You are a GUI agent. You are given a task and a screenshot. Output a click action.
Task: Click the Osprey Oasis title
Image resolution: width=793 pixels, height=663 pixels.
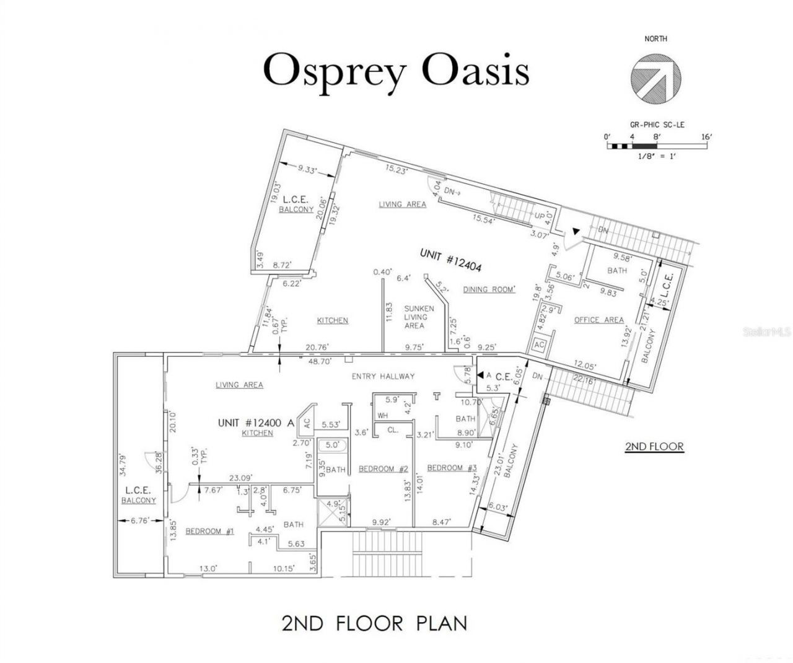click(x=396, y=71)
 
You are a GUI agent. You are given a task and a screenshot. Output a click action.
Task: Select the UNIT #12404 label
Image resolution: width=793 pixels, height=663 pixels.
click(x=450, y=260)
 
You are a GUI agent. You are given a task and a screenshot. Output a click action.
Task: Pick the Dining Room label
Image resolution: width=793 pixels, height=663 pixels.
click(x=489, y=289)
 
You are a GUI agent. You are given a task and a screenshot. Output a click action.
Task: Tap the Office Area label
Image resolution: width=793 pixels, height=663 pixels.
click(x=598, y=320)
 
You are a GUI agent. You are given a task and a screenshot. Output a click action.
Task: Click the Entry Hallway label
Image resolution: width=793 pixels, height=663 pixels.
click(x=383, y=376)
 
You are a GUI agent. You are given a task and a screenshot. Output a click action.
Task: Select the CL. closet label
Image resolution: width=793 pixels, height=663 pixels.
click(x=392, y=430)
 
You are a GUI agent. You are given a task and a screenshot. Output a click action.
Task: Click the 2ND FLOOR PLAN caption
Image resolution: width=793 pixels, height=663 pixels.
click(x=374, y=622)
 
